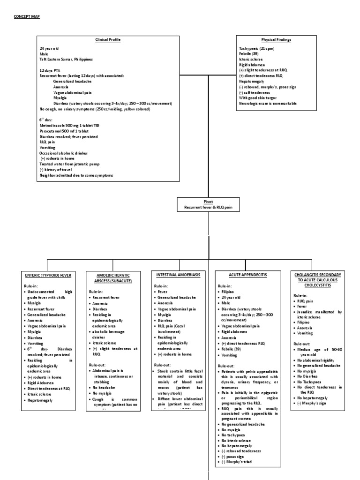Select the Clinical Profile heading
(108, 40)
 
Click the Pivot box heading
(208, 201)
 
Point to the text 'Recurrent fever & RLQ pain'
(208, 207)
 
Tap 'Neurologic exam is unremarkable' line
(268, 103)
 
